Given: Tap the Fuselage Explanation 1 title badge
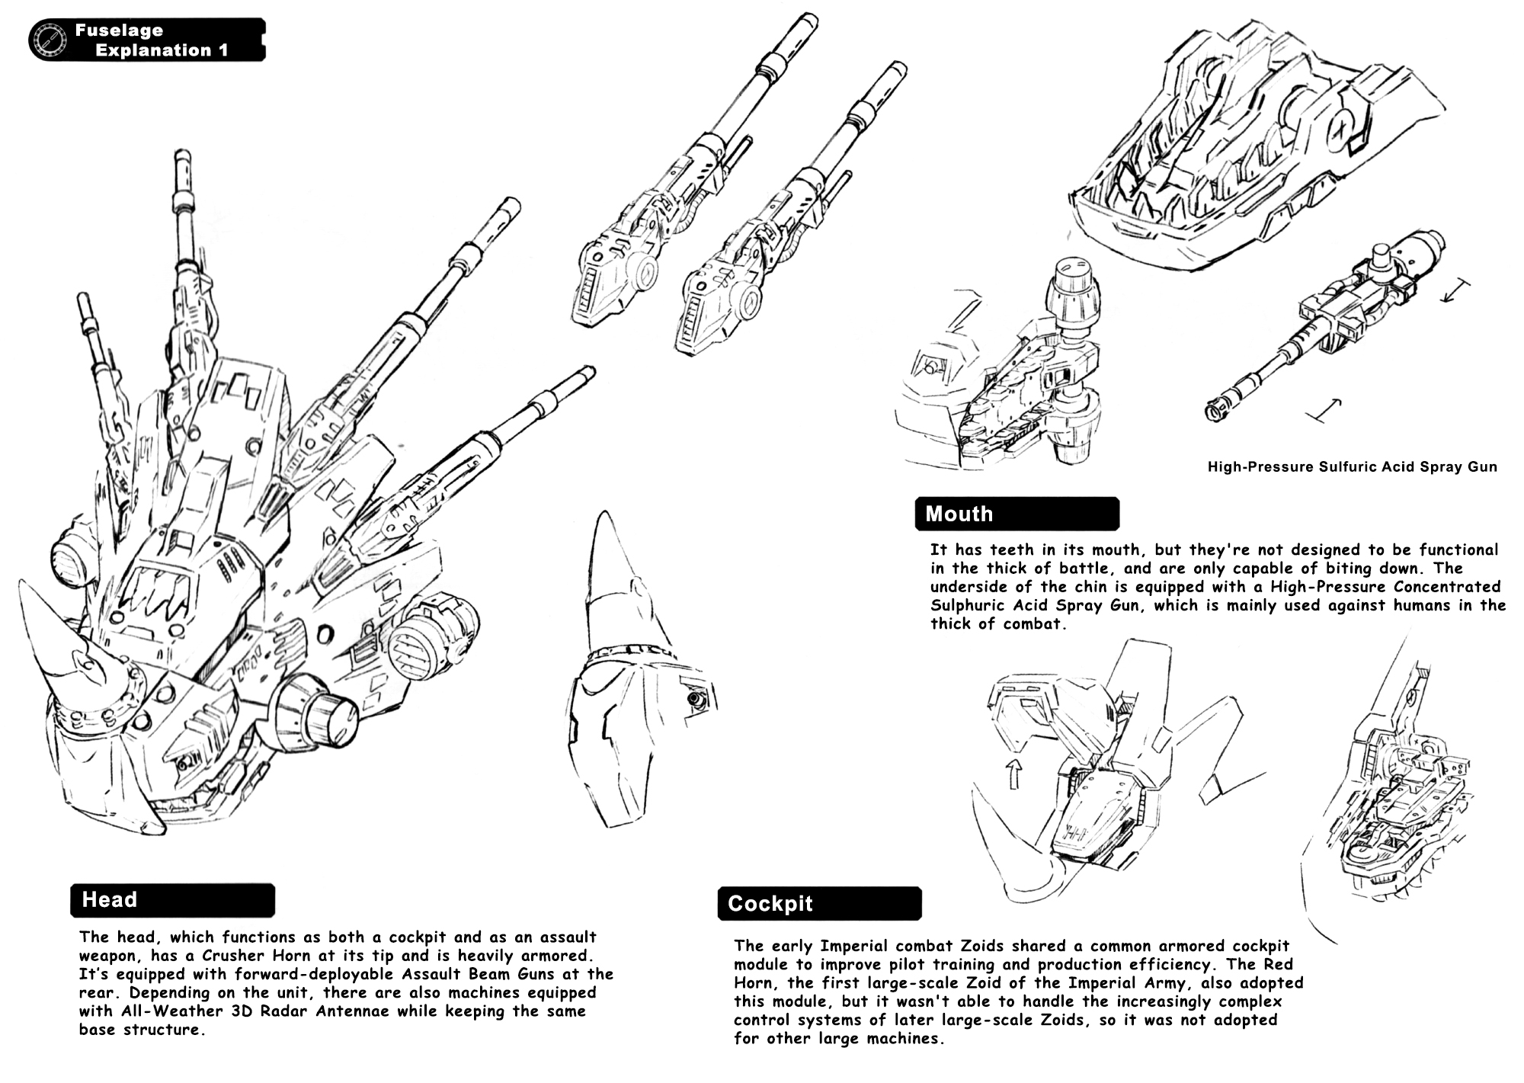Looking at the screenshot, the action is pyautogui.click(x=147, y=40).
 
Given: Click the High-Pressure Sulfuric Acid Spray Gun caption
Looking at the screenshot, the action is pyautogui.click(x=1353, y=466).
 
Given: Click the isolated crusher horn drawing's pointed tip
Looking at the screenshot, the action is pyautogui.click(x=604, y=513).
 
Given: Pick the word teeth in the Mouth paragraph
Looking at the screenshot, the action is pyautogui.click(x=1014, y=550).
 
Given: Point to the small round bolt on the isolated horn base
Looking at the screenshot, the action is pyautogui.click(x=694, y=699).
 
